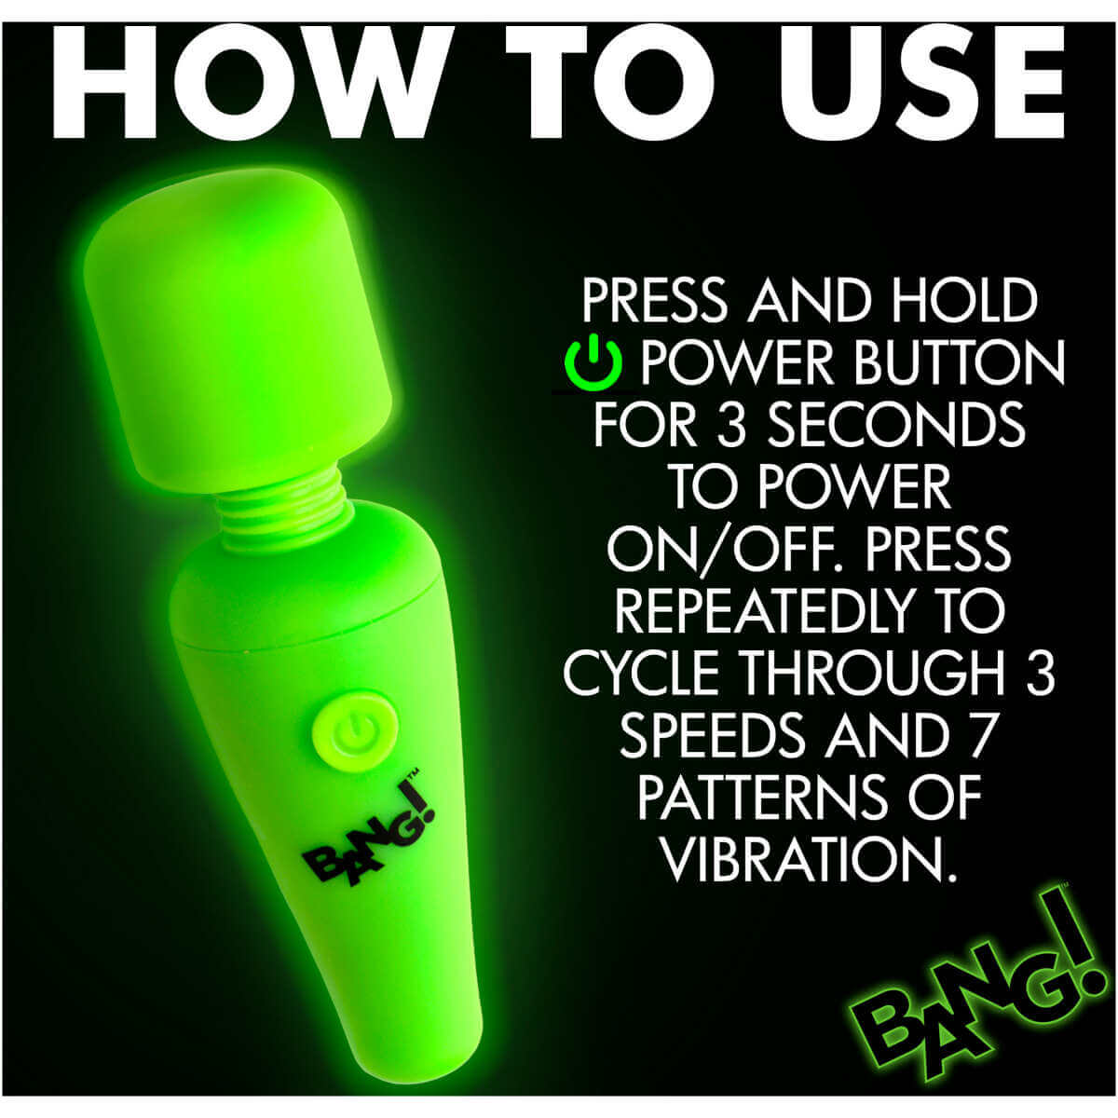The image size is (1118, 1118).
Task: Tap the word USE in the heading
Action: click(x=908, y=83)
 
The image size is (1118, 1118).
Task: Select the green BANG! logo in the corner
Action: click(x=969, y=996)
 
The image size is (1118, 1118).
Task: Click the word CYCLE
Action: click(x=645, y=673)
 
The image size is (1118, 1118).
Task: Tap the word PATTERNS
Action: click(x=756, y=798)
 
